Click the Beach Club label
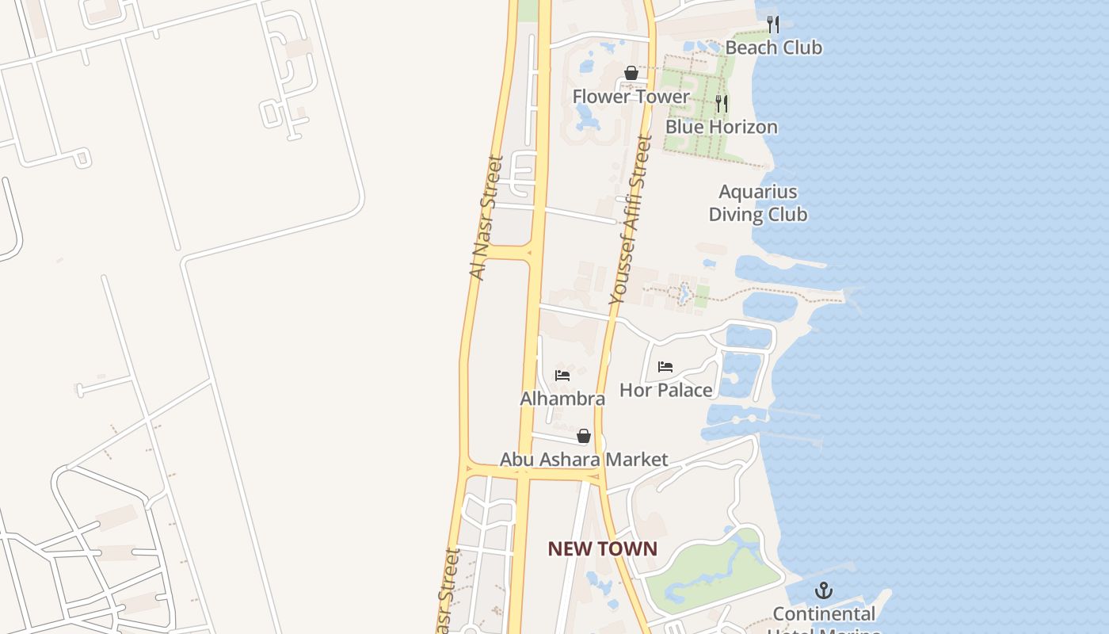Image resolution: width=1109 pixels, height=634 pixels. [x=773, y=48]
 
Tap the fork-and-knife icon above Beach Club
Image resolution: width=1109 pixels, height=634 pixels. [x=773, y=25]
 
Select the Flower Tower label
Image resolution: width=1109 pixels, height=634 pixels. [x=631, y=97]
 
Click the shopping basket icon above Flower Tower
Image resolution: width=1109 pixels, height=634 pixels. [x=631, y=74]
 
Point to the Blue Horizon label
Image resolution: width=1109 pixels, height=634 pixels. [x=721, y=127]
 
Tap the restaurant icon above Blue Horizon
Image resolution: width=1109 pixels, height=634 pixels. [x=721, y=104]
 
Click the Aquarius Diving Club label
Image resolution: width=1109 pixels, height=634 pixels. [x=757, y=203]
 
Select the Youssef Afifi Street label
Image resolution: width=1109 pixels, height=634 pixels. [x=631, y=220]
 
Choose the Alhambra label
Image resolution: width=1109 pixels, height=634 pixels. [x=562, y=399]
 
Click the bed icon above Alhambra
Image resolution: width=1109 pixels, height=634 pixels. [x=562, y=375]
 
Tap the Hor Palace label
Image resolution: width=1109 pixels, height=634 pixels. [x=665, y=390]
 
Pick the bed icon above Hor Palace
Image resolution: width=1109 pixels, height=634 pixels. [x=665, y=367]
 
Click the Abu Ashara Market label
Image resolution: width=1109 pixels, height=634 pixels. [x=584, y=460]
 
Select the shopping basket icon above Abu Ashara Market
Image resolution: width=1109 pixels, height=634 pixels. [x=584, y=436]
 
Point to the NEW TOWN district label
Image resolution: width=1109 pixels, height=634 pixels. [x=602, y=548]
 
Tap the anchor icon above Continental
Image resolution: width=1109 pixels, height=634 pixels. [x=824, y=590]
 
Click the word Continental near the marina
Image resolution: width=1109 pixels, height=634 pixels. [x=824, y=614]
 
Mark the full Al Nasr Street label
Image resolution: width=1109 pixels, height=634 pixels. [x=486, y=217]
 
